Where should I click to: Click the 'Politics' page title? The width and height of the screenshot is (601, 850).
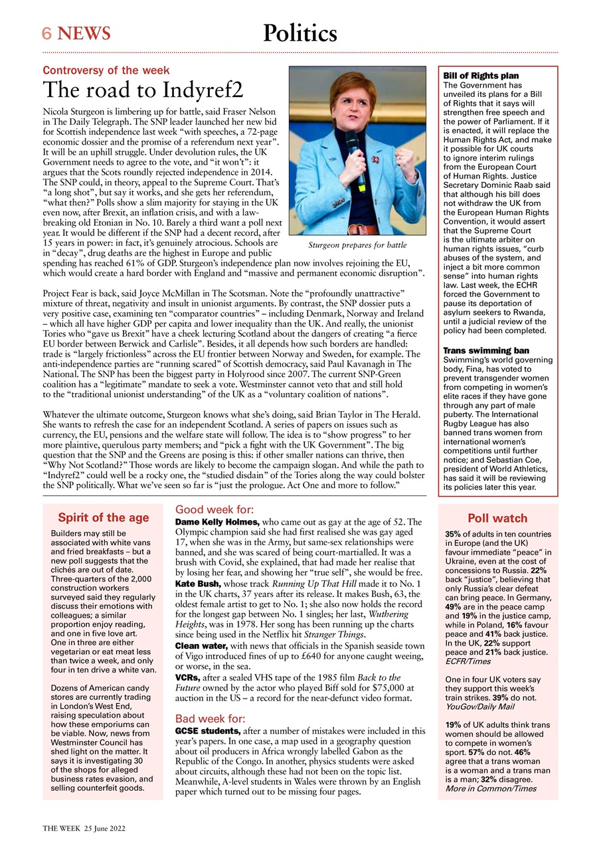(300, 33)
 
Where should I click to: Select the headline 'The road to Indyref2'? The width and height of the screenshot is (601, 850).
(143, 90)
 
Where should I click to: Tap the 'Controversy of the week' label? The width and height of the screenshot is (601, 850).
(106, 70)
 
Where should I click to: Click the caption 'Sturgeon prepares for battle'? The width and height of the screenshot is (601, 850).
(357, 245)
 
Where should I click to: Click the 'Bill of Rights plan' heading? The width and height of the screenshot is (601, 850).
(481, 76)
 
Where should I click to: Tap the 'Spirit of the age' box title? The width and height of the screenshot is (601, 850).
(103, 517)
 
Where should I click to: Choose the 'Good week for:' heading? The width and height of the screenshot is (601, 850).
(214, 510)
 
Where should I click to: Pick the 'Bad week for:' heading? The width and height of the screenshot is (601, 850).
(210, 719)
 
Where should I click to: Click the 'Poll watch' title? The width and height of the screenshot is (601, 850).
(497, 518)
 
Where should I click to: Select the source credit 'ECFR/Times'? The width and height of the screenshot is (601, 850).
(469, 661)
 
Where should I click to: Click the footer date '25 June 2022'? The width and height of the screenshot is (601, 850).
(105, 829)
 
